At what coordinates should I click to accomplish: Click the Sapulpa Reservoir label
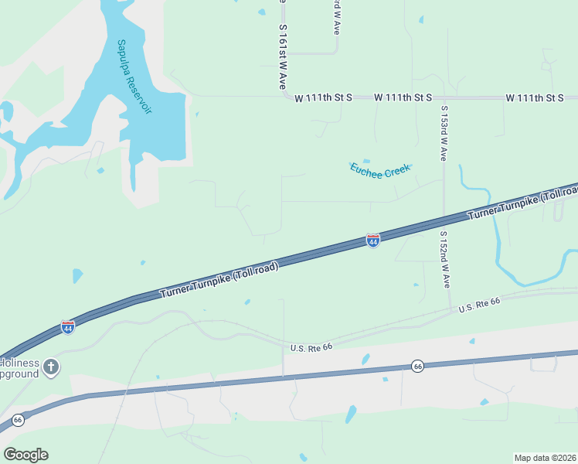(134, 77)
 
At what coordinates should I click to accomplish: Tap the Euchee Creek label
(379, 169)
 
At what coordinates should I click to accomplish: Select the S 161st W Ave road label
(283, 59)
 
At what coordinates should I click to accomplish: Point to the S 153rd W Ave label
(444, 133)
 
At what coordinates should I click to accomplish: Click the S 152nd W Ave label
(444, 259)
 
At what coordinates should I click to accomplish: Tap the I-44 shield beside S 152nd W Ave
(373, 241)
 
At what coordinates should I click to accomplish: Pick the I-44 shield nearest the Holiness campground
(68, 326)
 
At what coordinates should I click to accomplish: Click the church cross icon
(51, 367)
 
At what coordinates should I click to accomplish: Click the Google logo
(25, 455)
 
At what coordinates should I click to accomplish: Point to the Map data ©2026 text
(546, 457)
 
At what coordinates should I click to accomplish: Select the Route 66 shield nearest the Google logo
(19, 420)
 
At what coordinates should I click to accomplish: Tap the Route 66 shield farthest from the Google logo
(418, 366)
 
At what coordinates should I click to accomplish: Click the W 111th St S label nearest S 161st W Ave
(323, 97)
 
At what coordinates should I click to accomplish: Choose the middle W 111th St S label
(403, 97)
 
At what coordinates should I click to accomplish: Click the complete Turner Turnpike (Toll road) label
(219, 280)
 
